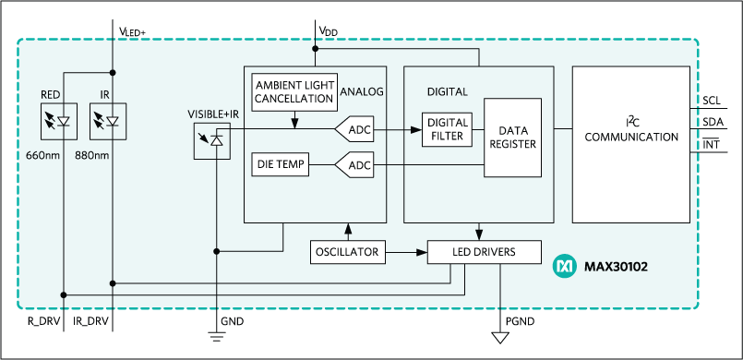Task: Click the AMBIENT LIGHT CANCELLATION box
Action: pos(294,90)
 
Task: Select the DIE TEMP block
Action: pos(279,165)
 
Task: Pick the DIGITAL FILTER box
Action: pos(447,130)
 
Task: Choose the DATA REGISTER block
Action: pos(512,138)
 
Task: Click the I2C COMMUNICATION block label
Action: pos(632,130)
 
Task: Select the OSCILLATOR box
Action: pos(347,251)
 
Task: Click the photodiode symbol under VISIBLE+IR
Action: pos(211,139)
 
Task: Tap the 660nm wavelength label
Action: pos(44,155)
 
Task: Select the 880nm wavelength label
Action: pos(94,155)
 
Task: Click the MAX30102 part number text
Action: pos(617,268)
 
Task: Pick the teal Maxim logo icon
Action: pos(563,267)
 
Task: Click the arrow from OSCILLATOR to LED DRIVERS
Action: pos(406,251)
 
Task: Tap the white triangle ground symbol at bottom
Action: pos(501,337)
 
